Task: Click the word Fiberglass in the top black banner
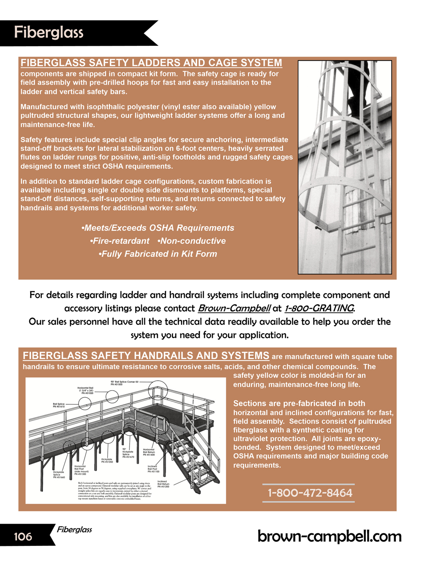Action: coord(48,32)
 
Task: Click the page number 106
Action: coord(23,536)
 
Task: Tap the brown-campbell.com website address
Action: coord(329,536)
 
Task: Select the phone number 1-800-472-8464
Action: coord(310,493)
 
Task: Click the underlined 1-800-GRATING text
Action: coord(319,308)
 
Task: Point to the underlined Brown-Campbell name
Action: coord(234,308)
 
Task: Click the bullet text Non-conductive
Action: coord(192,241)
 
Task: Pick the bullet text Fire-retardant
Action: coord(119,241)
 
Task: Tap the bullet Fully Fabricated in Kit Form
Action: coord(158,254)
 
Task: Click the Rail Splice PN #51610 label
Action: coord(59,405)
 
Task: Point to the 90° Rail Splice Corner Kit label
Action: coord(124,383)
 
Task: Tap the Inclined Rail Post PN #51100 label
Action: coord(153,469)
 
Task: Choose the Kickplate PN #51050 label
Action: coord(107,460)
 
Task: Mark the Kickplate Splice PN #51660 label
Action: coord(59,474)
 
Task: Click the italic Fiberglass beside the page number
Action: coord(74,529)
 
